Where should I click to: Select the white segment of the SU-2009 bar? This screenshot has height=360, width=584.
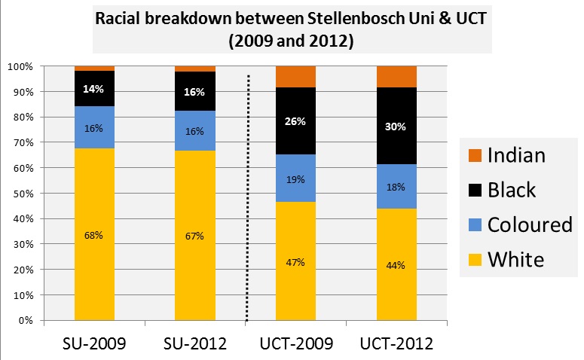coord(94,264)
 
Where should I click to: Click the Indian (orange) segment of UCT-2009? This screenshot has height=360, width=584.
coord(295,77)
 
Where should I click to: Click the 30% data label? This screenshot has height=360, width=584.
coord(396,127)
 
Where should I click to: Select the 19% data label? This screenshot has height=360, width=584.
coord(295,179)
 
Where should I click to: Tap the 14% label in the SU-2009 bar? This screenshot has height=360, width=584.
coord(94,89)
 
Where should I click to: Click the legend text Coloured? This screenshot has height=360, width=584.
coord(530,225)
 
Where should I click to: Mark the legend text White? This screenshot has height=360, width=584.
coord(516,260)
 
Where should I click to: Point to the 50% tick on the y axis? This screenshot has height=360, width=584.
coord(22,194)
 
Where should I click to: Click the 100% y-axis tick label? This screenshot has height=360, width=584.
coord(20,66)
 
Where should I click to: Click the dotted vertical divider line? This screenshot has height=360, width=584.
coord(247,196)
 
